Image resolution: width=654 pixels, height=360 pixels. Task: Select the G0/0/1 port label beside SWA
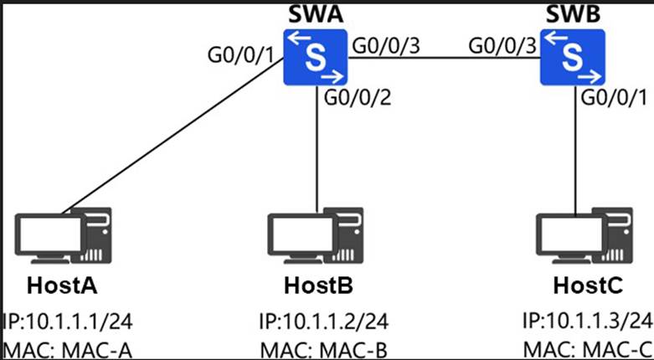point(240,58)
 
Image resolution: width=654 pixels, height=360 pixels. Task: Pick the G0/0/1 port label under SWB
point(615,98)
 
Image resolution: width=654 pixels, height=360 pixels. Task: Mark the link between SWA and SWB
point(443,58)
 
